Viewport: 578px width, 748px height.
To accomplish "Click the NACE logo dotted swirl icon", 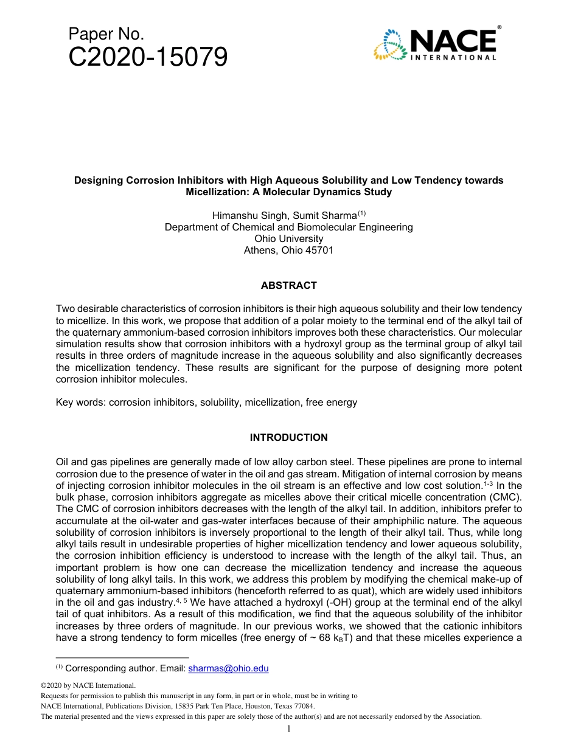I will [x=391, y=46].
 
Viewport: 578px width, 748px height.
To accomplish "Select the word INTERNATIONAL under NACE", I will [x=454, y=58].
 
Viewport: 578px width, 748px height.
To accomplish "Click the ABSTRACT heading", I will [x=288, y=285].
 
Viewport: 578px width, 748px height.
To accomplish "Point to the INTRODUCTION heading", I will [x=288, y=437].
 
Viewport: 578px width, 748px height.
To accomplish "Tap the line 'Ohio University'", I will [x=288, y=238].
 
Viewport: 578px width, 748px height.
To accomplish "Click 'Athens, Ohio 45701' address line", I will [x=288, y=250].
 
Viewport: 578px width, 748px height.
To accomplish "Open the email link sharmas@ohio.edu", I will [x=228, y=669].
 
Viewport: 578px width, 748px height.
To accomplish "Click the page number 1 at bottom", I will [x=289, y=729].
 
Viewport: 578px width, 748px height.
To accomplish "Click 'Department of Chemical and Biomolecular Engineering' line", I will [x=288, y=227].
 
